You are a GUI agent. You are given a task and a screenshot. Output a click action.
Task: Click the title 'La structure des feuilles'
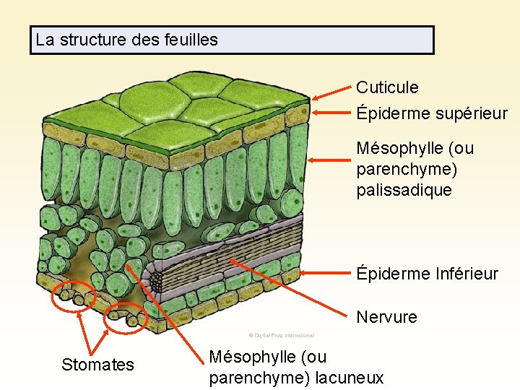127,40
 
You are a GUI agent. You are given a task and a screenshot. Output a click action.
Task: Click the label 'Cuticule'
387,87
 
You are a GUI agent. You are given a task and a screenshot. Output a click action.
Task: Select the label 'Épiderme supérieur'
431,114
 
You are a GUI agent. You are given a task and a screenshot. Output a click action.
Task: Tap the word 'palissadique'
404,191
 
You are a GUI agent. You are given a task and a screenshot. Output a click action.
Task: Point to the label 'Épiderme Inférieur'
427,274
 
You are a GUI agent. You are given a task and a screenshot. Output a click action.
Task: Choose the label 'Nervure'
386,317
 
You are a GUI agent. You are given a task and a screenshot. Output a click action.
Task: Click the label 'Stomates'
97,365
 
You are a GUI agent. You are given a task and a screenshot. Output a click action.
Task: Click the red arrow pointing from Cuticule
331,93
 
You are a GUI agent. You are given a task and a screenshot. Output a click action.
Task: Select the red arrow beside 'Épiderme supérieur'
331,113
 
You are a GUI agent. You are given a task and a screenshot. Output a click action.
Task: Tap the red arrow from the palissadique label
329,160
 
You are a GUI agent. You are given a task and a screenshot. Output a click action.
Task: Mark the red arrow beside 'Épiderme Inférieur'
325,273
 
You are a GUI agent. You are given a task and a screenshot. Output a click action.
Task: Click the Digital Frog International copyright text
281,335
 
